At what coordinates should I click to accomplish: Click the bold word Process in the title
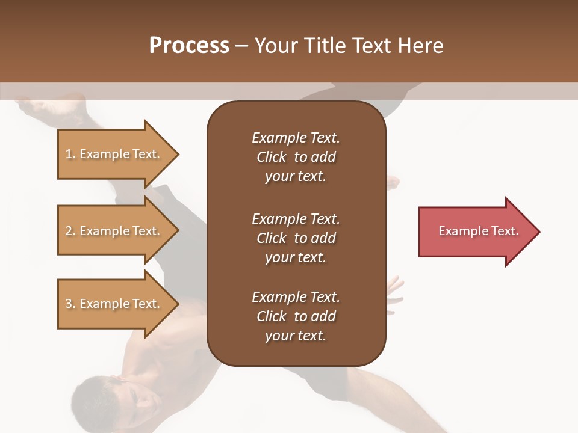(189, 46)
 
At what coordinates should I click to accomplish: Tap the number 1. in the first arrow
(70, 154)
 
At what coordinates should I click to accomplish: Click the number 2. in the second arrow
(70, 231)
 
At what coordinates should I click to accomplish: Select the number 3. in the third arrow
(70, 304)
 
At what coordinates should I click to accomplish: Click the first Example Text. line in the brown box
(296, 138)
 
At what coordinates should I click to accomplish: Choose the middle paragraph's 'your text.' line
(295, 257)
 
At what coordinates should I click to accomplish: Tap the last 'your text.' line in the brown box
(295, 336)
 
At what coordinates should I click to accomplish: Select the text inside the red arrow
(478, 231)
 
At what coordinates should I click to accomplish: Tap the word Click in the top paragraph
(271, 157)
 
